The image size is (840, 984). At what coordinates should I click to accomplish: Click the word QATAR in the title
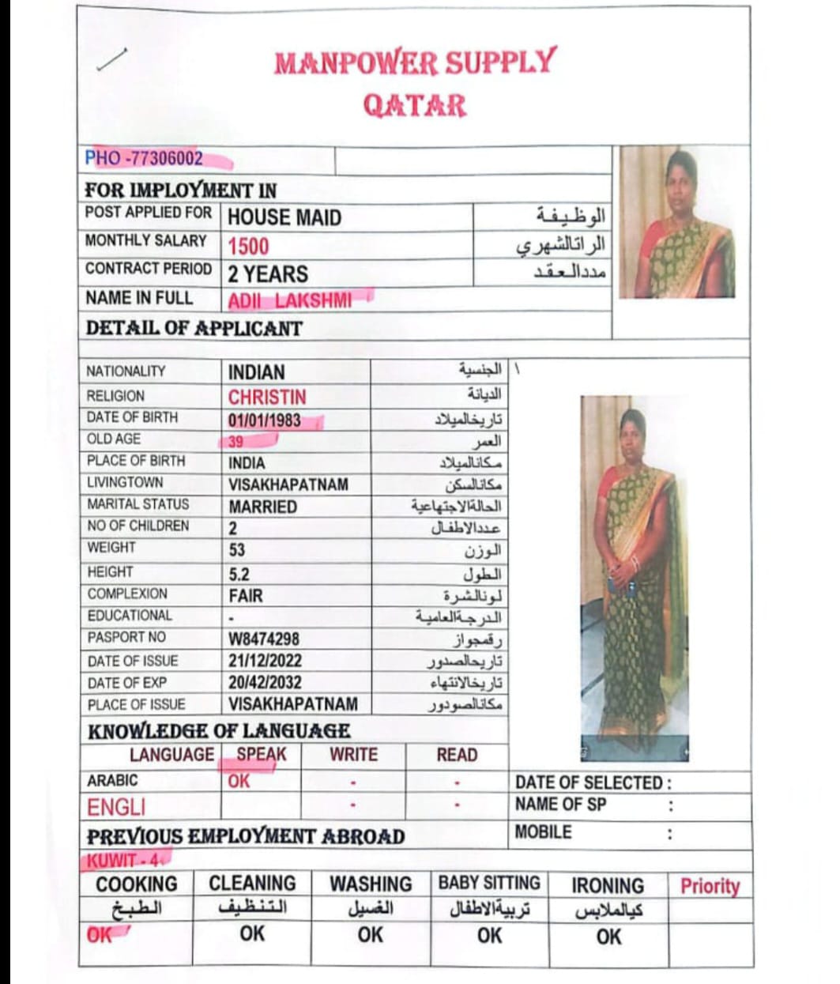point(414,105)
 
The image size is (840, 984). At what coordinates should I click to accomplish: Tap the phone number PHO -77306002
point(145,158)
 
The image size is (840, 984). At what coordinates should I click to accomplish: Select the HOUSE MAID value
point(284,217)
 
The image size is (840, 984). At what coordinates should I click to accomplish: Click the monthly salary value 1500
point(248,247)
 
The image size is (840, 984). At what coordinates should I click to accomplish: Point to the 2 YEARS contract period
point(268,274)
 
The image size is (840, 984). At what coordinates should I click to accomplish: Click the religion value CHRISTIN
point(267,397)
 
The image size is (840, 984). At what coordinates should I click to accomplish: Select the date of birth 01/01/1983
point(265,420)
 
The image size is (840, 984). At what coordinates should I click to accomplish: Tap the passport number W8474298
point(264,639)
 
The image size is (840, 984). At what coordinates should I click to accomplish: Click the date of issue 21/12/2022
point(265,661)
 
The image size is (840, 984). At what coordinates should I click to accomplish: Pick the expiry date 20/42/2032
point(265,682)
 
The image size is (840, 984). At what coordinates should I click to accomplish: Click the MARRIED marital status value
point(262,507)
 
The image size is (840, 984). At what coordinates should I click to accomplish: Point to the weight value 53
point(237,549)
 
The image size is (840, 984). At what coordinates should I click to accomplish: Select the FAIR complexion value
point(246,595)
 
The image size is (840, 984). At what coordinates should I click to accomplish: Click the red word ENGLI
point(116,807)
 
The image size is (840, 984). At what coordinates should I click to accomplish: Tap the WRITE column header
point(353,755)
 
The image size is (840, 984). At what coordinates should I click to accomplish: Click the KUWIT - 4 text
point(122,860)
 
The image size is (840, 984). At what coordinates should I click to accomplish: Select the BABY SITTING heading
point(489,883)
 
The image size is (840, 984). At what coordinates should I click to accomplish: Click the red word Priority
point(710,886)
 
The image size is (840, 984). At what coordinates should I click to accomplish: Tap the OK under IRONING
point(608,937)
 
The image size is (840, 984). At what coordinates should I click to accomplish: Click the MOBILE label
point(543,832)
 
